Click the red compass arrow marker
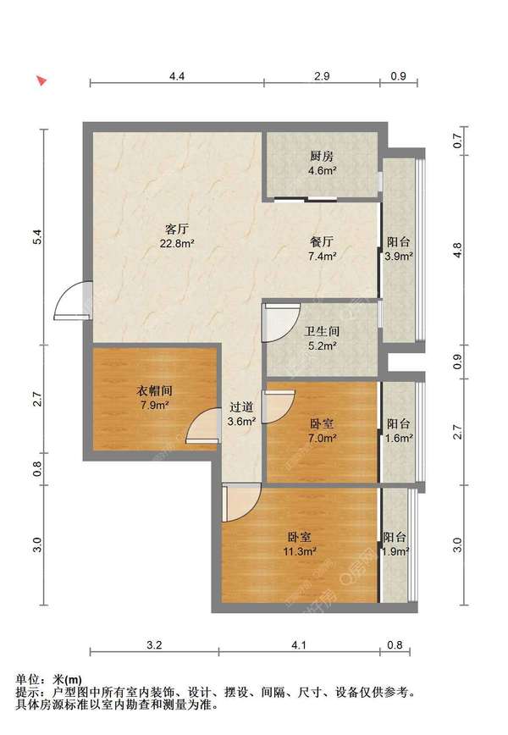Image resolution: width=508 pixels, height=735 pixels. [42, 80]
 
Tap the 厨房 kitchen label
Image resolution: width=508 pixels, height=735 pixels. [322, 156]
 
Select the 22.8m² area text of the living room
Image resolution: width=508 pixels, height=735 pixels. [177, 243]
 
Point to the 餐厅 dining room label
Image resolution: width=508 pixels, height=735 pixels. [322, 242]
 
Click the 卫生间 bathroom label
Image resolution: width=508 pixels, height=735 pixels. [322, 331]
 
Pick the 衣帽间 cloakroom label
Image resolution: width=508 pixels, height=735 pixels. [155, 390]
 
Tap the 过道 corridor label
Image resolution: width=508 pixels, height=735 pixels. [241, 406]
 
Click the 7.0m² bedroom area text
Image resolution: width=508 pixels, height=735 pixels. [323, 439]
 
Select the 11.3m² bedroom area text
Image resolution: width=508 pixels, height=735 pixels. [300, 551]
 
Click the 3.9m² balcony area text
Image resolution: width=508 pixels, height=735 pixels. [399, 257]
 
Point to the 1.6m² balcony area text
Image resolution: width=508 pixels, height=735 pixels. [399, 439]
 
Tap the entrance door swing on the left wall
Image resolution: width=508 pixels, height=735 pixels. [73, 301]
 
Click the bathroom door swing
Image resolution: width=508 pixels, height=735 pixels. [281, 323]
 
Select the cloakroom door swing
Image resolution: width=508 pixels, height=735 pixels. [203, 426]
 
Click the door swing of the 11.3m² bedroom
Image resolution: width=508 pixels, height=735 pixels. [241, 502]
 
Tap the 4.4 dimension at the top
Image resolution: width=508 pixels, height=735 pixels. [177, 76]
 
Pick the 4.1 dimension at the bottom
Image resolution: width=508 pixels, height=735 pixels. [299, 645]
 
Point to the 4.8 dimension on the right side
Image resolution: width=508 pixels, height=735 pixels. [458, 249]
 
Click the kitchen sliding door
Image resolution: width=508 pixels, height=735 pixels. [306, 199]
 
